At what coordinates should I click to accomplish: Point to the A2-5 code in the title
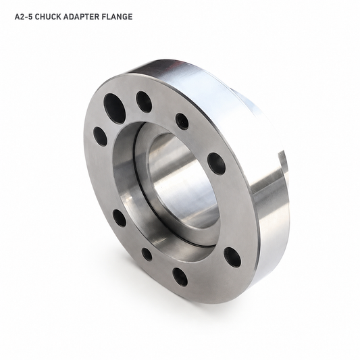[x=24, y=17]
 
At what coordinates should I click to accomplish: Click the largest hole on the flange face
[x=114, y=107]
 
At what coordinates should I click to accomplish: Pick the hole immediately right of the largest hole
[x=144, y=101]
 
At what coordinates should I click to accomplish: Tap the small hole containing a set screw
[x=182, y=121]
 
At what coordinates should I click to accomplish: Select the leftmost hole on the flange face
[x=101, y=136]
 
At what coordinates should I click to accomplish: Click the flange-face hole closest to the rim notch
[x=216, y=163]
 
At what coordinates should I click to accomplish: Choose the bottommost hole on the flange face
[x=180, y=277]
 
